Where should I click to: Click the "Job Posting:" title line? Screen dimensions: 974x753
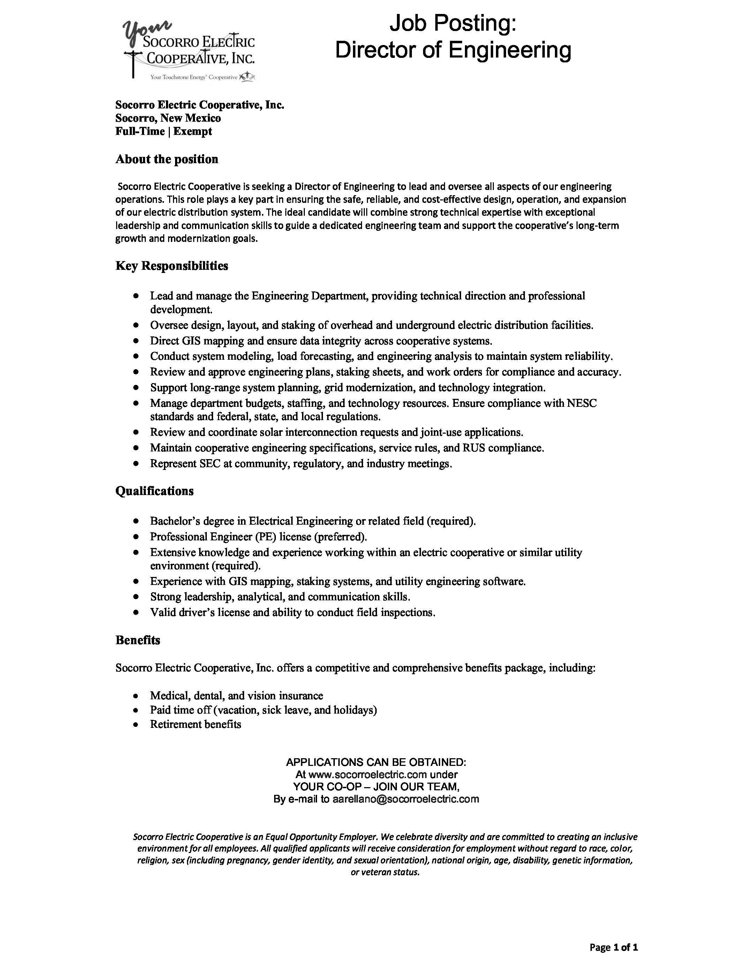(x=453, y=23)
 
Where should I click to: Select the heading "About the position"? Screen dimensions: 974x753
(x=167, y=159)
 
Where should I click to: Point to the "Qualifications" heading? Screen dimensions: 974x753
(x=155, y=491)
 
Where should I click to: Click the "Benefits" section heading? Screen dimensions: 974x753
(x=137, y=640)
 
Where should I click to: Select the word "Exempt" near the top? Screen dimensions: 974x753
(x=193, y=131)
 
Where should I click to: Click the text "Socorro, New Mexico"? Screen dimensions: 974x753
(x=168, y=118)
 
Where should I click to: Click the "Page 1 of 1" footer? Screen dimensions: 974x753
(x=613, y=947)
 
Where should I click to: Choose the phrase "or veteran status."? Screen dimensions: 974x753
(x=385, y=872)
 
